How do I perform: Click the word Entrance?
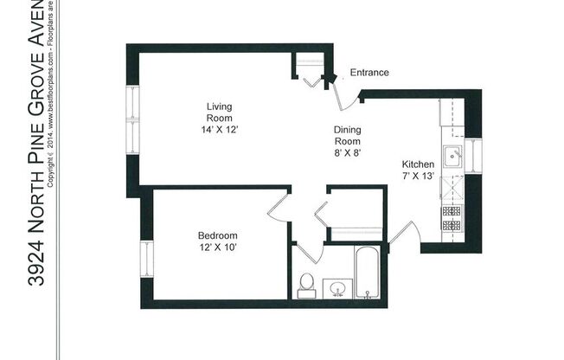point(369,73)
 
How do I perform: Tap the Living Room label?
point(218,112)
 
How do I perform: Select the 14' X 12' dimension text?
point(218,129)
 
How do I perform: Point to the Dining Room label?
point(346,135)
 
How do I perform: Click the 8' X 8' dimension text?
point(346,152)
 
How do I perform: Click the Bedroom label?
point(217,235)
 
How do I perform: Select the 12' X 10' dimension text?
point(217,248)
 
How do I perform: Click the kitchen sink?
point(452,157)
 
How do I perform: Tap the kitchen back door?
point(405,232)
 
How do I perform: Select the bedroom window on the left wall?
point(145,257)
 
